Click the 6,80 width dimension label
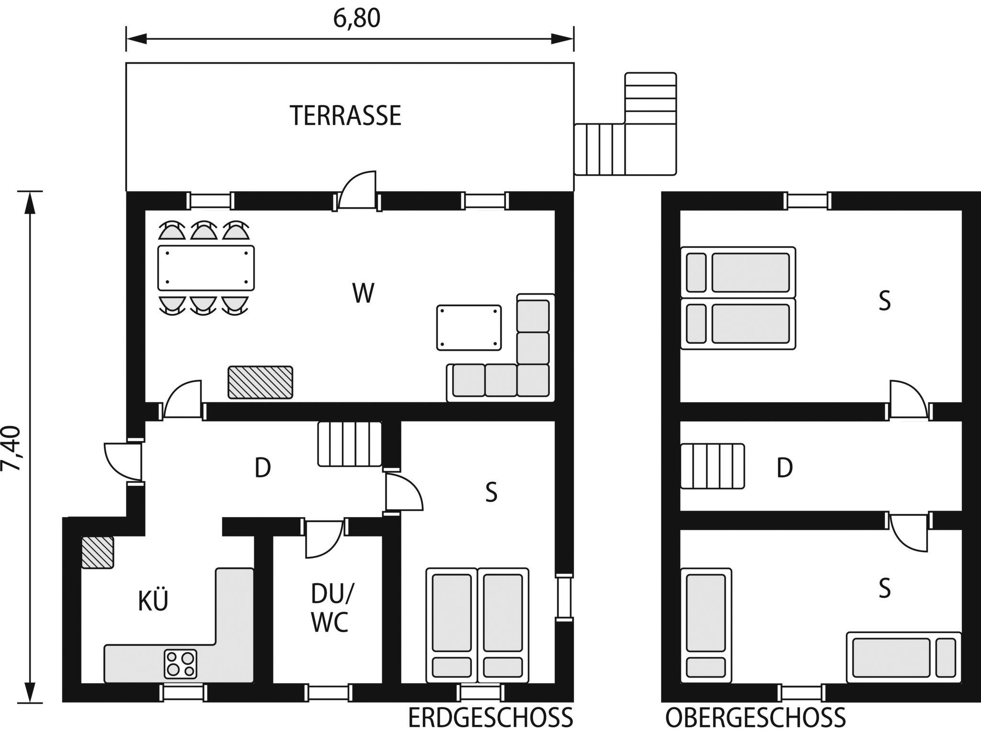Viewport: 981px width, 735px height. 357,19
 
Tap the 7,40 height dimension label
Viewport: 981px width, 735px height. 11,448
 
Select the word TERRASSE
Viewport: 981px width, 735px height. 345,115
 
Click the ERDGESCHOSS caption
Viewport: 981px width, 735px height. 490,717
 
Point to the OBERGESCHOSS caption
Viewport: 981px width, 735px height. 755,717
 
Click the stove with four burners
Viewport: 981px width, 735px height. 181,664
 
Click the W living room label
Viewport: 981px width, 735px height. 363,293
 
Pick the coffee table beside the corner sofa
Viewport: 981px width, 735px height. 469,328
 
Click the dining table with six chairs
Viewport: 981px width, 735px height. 206,268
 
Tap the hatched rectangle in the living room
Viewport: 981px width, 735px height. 260,382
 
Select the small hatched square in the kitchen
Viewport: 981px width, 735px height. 97,552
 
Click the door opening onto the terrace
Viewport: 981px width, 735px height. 357,190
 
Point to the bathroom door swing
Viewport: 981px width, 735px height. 324,538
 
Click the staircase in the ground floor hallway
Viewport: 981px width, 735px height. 350,444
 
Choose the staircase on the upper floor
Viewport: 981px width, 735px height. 712,466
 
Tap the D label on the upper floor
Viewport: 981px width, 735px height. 784,468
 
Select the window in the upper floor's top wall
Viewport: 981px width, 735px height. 808,200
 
